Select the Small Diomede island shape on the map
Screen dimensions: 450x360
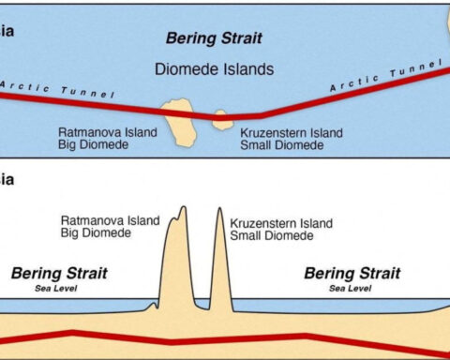(222, 119)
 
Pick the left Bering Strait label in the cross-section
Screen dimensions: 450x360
(59, 273)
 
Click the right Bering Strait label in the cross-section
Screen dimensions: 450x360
(352, 273)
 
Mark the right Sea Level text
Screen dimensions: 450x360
(352, 289)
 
